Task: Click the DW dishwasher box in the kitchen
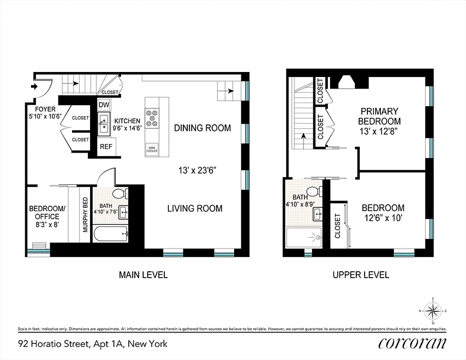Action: [x=104, y=105]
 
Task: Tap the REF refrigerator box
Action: [x=106, y=147]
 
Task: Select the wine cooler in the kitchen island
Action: [x=152, y=149]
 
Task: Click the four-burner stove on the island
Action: [x=152, y=117]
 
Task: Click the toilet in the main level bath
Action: [x=120, y=194]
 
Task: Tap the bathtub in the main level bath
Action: [x=110, y=234]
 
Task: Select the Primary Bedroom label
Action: [x=379, y=116]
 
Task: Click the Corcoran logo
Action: [x=412, y=343]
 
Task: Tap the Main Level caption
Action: [x=143, y=275]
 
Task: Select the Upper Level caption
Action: [x=361, y=275]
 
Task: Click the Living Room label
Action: [x=195, y=208]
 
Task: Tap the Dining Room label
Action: [x=202, y=128]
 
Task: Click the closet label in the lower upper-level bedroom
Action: [x=338, y=225]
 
